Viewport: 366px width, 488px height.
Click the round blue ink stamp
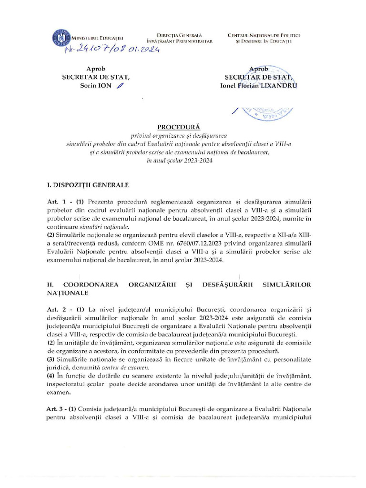[267, 112]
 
